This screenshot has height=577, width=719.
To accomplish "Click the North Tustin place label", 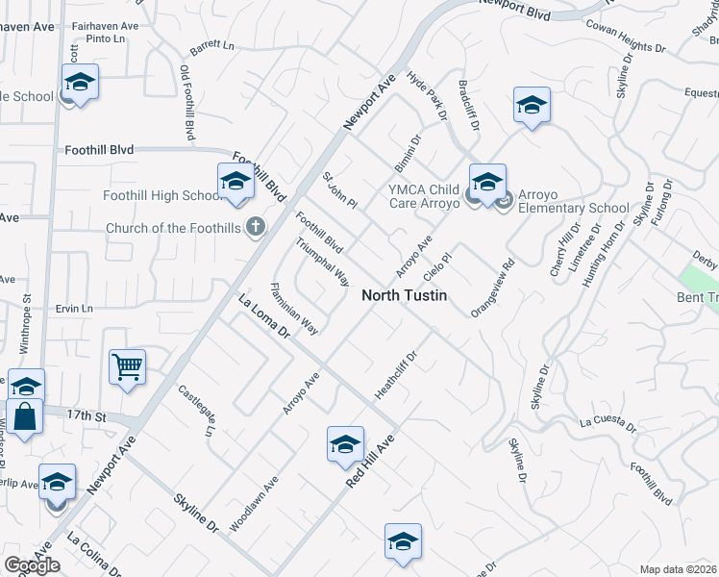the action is click(x=404, y=296).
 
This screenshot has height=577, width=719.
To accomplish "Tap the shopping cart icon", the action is click(x=127, y=367).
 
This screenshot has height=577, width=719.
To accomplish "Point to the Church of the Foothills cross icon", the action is click(x=255, y=228).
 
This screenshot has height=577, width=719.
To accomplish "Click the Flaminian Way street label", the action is click(x=294, y=308).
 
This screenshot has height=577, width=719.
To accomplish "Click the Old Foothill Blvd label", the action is click(x=187, y=103).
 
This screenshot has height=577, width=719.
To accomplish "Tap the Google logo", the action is click(x=32, y=565).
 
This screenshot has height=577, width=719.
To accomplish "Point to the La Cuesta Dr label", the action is click(x=608, y=423).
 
